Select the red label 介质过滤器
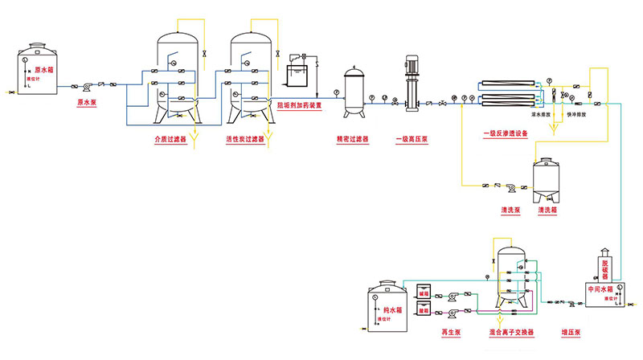click(x=170, y=139)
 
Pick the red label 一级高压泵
click(x=412, y=138)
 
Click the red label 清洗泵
click(x=511, y=210)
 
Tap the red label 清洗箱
click(x=547, y=210)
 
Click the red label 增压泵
click(x=571, y=332)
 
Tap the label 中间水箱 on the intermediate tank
click(x=600, y=288)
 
